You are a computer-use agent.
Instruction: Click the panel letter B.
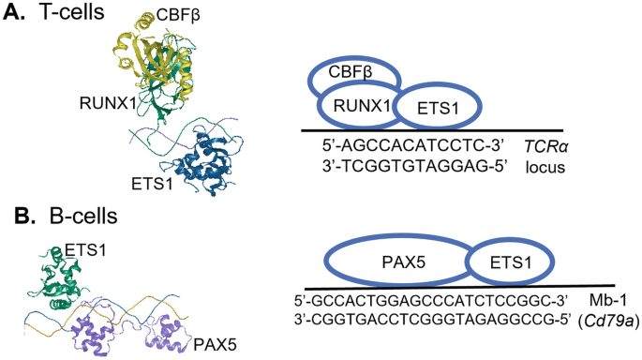tap(13, 217)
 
